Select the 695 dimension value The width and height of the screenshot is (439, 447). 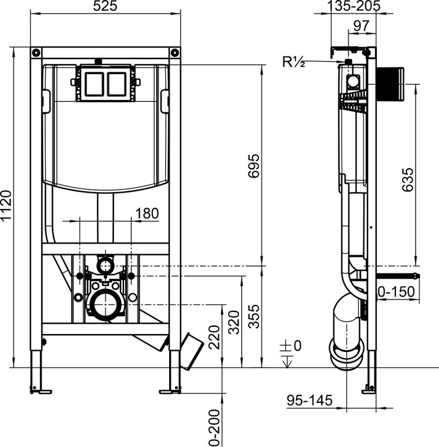tap(255, 166)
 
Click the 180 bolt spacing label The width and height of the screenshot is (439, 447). tap(147, 213)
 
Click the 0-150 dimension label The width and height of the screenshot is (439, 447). tap(396, 291)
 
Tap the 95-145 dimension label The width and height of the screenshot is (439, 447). tap(309, 400)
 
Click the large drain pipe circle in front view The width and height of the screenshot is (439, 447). tap(104, 305)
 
